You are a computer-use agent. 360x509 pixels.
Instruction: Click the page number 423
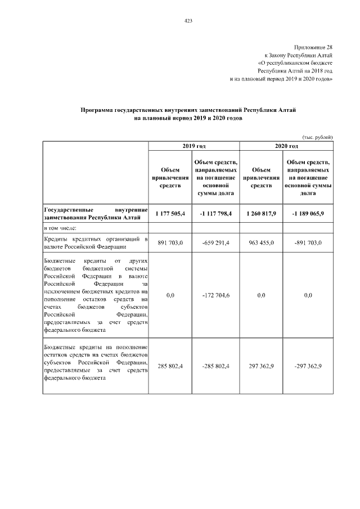pyautogui.click(x=188, y=21)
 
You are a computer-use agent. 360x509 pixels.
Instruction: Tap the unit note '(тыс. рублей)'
pyautogui.click(x=317, y=137)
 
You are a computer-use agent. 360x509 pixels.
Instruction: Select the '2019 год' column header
pyautogui.click(x=194, y=146)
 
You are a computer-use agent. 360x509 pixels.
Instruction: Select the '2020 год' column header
pyautogui.click(x=286, y=146)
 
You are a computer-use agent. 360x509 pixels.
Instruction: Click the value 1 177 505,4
pyautogui.click(x=170, y=213)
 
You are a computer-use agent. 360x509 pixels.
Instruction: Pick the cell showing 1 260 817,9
pyautogui.click(x=262, y=213)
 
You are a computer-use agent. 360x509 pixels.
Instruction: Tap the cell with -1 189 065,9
pyautogui.click(x=308, y=213)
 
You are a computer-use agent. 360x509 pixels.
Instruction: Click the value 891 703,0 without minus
pyautogui.click(x=170, y=243)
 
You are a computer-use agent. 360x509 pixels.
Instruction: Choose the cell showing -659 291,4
pyautogui.click(x=215, y=243)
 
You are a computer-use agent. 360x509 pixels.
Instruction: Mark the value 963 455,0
pyautogui.click(x=262, y=243)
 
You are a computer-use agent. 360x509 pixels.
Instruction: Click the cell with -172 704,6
pyautogui.click(x=215, y=295)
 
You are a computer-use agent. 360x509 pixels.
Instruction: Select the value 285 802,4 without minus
pyautogui.click(x=170, y=366)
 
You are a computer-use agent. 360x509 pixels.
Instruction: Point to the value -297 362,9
pyautogui.click(x=308, y=366)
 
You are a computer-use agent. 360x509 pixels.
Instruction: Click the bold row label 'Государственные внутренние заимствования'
pyautogui.click(x=96, y=213)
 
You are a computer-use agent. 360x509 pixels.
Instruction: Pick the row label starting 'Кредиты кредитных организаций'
pyautogui.click(x=96, y=243)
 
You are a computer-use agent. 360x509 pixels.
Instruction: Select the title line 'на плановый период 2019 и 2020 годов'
pyautogui.click(x=188, y=119)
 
